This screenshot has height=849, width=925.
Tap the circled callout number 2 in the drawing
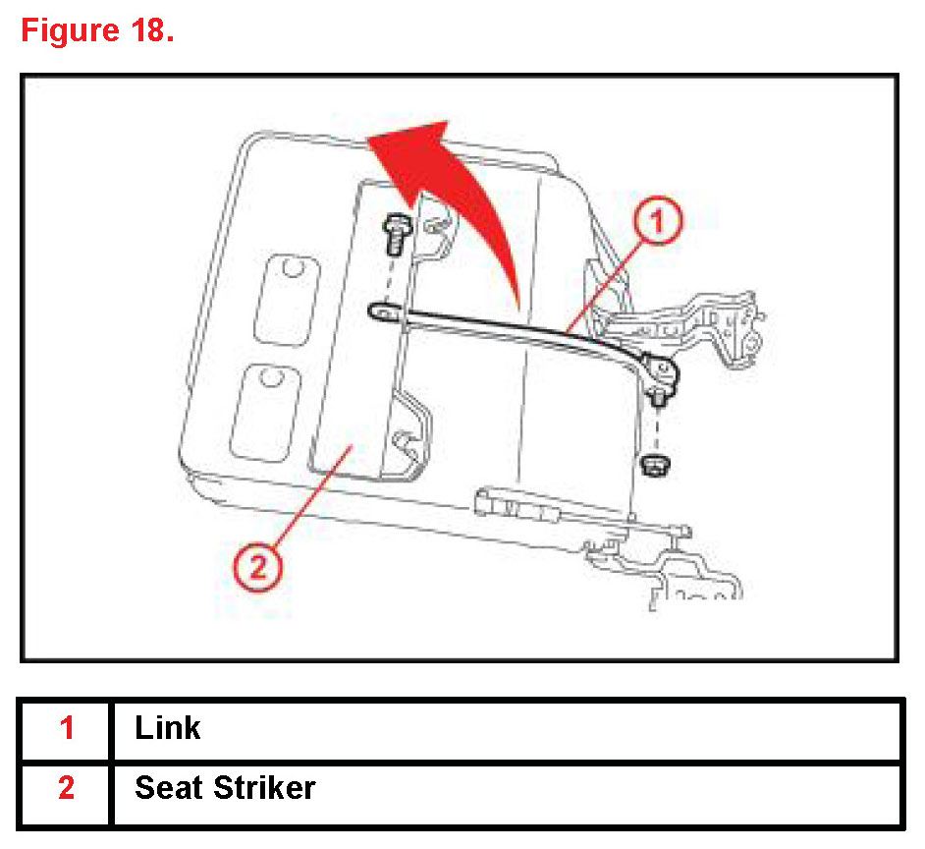click(258, 567)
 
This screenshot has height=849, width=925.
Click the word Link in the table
click(168, 728)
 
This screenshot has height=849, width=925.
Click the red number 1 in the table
click(67, 728)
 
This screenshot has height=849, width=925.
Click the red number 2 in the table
click(67, 788)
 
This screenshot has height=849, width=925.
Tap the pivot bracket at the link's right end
click(660, 372)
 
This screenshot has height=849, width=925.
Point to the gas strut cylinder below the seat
click(520, 509)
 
